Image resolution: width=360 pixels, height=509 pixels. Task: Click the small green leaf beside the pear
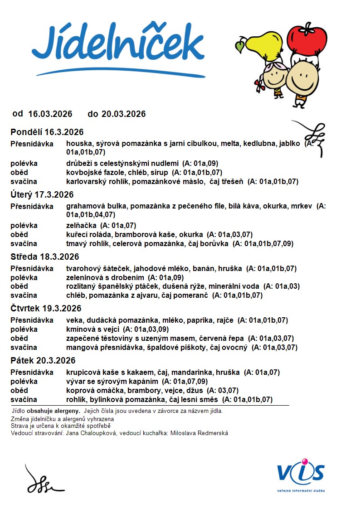(239, 46)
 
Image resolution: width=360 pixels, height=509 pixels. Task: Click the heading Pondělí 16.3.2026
(47, 132)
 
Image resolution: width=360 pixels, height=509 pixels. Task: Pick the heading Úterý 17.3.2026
(42, 195)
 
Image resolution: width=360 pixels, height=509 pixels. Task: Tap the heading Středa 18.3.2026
(45, 257)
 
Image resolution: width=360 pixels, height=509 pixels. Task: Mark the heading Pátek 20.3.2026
(43, 361)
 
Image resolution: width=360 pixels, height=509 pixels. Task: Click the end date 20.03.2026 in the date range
(123, 114)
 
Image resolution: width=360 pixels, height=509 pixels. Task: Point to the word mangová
(80, 347)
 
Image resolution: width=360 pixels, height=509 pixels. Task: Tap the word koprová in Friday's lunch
(79, 390)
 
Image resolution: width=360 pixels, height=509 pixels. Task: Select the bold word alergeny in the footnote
(67, 411)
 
